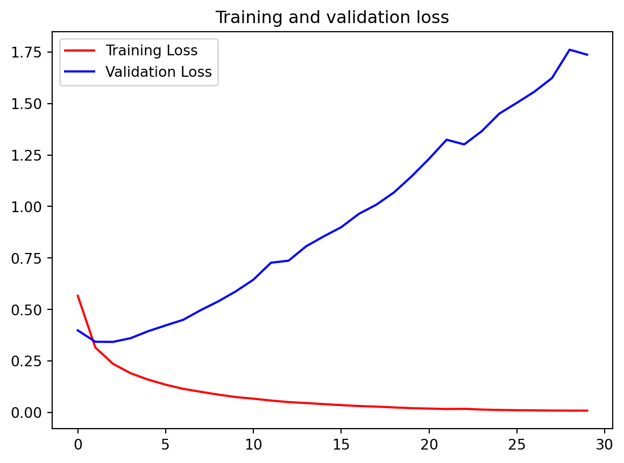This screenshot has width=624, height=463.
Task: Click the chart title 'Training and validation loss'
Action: [x=332, y=18]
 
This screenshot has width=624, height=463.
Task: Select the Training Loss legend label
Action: [x=152, y=51]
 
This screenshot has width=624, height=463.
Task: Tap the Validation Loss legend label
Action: [x=159, y=71]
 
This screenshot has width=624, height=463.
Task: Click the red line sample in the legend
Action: [x=80, y=51]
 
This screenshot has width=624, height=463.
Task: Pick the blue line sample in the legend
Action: [x=80, y=71]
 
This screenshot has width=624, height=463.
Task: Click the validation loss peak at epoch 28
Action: [x=570, y=49]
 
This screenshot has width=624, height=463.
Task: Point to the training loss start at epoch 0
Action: [x=77, y=295]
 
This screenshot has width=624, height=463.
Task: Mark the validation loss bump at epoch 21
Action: [x=446, y=140]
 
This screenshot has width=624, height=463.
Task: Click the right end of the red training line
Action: [x=587, y=410]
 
